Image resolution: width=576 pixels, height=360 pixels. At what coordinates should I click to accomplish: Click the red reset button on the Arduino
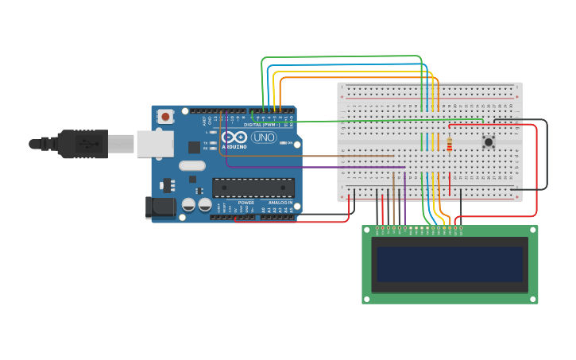pos(165,117)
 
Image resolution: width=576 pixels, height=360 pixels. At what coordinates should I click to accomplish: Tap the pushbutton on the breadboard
pos(489,142)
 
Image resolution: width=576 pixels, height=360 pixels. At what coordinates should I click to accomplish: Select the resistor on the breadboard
pos(449,145)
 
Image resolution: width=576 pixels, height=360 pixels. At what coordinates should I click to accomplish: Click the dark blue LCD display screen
pos(450,265)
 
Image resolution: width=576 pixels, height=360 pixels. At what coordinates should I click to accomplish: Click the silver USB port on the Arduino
pos(154,144)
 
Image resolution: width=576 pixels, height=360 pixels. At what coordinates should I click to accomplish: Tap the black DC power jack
pos(160,207)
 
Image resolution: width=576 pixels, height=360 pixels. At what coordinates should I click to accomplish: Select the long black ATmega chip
pos(253,188)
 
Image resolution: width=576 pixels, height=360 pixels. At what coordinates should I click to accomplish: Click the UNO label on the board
pos(265,137)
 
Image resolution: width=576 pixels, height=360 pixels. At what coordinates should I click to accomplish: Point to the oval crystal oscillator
pos(191,166)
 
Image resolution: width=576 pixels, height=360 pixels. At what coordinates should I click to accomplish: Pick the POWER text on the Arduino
pos(246,203)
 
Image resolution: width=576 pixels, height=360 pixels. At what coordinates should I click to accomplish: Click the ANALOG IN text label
pos(279,203)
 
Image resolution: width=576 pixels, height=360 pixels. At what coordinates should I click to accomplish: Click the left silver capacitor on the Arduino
pos(188,204)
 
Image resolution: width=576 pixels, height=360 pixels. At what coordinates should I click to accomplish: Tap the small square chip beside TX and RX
pos(194,147)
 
